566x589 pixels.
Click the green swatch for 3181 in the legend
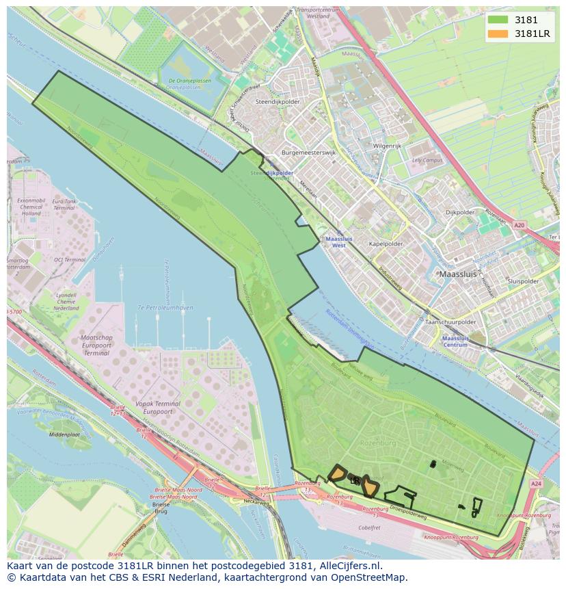tap(498, 21)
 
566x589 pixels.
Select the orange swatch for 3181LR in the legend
tap(498, 34)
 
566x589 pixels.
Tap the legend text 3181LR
tap(534, 34)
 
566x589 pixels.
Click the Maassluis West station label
tap(336, 242)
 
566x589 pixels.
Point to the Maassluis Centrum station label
tap(455, 341)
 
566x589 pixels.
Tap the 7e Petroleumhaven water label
tap(165, 308)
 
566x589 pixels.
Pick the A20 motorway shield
tap(520, 224)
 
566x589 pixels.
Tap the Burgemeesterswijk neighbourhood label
tap(308, 153)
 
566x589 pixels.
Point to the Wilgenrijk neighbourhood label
tap(387, 146)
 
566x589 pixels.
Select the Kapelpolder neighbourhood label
tap(386, 244)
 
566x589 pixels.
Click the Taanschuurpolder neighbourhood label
tap(450, 322)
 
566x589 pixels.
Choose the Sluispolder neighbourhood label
tap(524, 281)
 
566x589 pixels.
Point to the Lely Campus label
tap(428, 160)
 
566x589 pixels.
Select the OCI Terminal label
tap(70, 260)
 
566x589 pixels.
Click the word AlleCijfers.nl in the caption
tap(349, 566)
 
